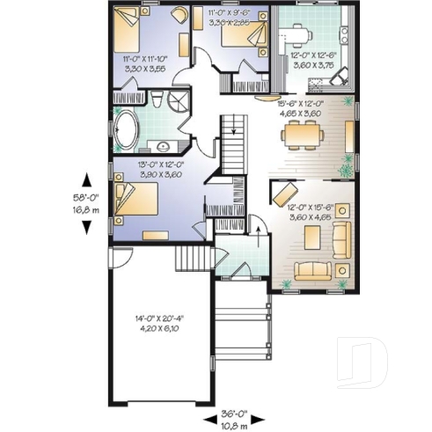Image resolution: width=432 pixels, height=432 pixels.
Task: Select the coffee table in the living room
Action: click(x=311, y=237)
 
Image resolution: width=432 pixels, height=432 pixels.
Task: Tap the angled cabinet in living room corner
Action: click(x=284, y=193)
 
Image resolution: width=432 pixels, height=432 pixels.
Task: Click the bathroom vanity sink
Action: click(x=164, y=146)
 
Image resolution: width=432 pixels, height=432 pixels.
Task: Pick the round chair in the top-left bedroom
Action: click(x=179, y=15)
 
